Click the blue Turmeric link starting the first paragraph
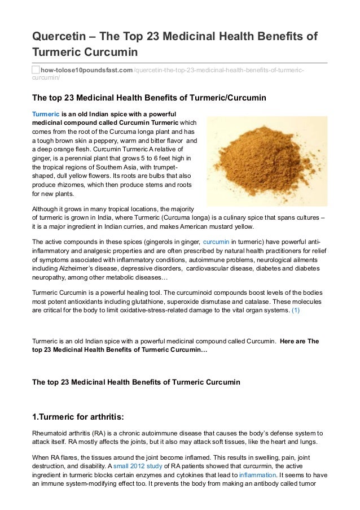pyautogui.click(x=46, y=114)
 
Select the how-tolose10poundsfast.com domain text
pyautogui.click(x=86, y=69)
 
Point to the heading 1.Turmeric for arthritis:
pyautogui.click(x=78, y=417)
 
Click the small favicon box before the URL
pyautogui.click(x=36, y=69)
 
